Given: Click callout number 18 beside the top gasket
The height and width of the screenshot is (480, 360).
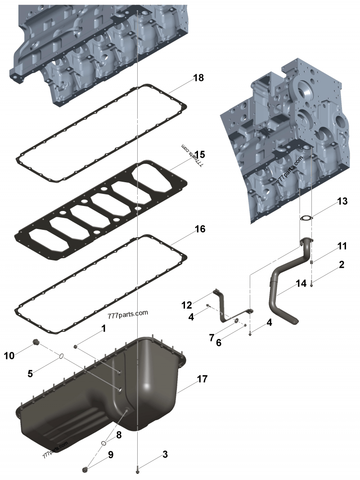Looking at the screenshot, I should [198, 78].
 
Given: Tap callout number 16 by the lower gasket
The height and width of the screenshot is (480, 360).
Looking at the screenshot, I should [200, 229].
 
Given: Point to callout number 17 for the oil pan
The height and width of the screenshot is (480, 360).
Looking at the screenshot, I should [202, 379].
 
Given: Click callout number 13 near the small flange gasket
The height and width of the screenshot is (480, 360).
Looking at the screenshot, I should [342, 201].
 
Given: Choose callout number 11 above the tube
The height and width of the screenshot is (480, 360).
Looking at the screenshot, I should [342, 246].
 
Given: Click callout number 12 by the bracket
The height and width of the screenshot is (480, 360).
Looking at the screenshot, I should [186, 305].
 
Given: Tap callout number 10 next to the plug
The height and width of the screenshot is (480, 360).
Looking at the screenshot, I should [9, 356].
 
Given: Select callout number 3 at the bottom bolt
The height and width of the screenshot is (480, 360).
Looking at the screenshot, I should [165, 454].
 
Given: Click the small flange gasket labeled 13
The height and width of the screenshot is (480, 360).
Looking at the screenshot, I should [306, 219].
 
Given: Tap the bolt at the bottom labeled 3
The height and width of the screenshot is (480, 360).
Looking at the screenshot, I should [137, 470].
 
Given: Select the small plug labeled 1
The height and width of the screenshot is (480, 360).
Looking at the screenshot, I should [77, 347].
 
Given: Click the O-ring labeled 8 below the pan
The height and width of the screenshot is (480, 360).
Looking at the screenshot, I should [104, 443].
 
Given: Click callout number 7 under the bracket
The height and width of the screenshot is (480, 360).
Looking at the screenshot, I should [211, 337].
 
